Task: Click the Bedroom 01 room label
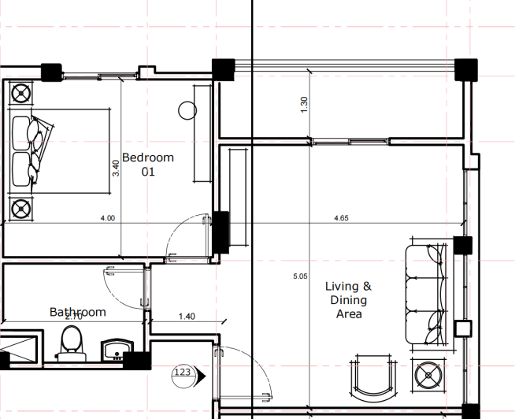click(147, 164)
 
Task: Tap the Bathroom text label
click(77, 312)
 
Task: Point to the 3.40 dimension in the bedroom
click(116, 168)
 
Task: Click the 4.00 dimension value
click(108, 218)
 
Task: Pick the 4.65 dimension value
click(342, 218)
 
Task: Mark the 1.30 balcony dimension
click(305, 104)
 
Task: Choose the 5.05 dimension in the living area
click(299, 276)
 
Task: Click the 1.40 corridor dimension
click(187, 316)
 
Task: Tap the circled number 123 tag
click(183, 372)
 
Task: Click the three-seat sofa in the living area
click(426, 294)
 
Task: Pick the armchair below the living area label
click(373, 374)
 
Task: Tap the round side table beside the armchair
click(429, 375)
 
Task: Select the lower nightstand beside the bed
click(20, 209)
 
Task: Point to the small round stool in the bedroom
click(187, 110)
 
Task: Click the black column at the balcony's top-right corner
click(467, 69)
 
